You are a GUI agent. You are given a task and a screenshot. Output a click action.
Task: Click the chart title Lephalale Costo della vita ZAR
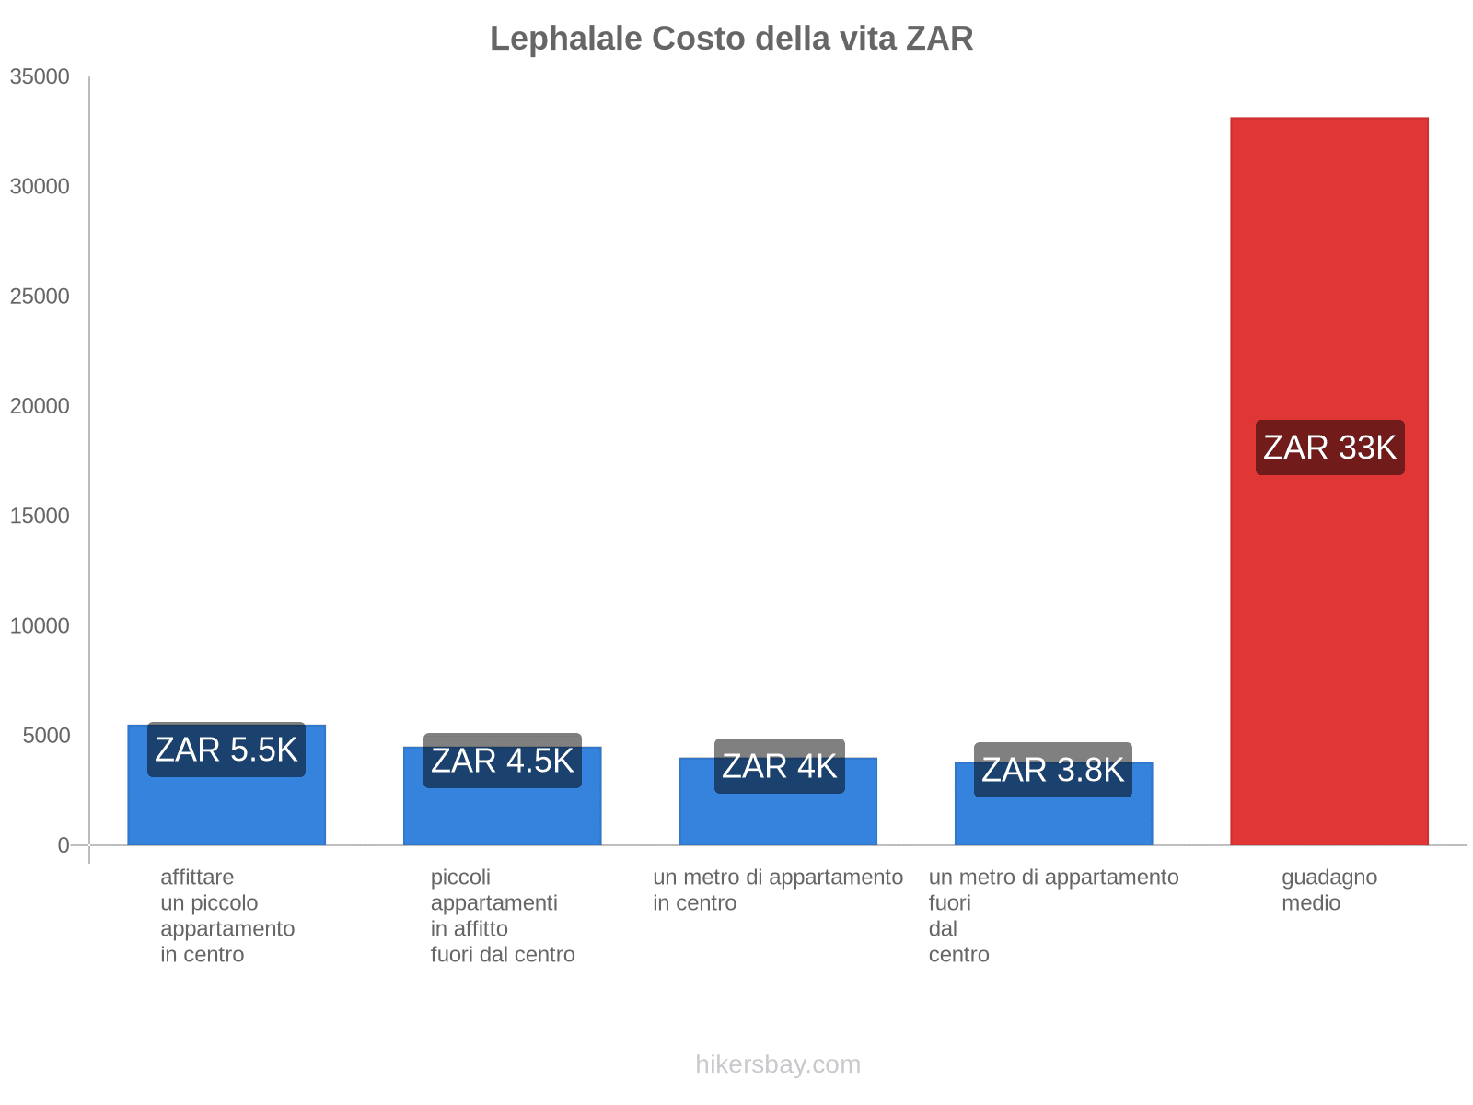tap(731, 39)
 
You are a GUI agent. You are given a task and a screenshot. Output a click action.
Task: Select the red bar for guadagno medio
tap(1328, 645)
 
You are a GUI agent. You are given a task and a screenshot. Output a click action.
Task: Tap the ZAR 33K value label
tap(1329, 448)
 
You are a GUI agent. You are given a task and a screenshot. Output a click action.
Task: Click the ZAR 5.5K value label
tap(226, 750)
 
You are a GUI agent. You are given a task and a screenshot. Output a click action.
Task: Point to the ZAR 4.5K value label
tap(502, 761)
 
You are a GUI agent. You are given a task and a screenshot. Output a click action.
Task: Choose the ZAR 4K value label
tap(779, 766)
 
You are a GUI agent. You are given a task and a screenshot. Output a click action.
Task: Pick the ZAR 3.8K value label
tap(1052, 770)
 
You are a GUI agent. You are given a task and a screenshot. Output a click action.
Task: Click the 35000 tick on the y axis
tap(40, 77)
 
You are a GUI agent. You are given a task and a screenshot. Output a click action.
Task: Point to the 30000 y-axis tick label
tap(40, 187)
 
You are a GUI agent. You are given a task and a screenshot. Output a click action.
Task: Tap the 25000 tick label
tap(40, 297)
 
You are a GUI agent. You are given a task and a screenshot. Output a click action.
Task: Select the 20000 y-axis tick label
tap(40, 406)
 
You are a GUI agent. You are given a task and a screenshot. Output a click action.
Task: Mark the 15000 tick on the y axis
tap(40, 516)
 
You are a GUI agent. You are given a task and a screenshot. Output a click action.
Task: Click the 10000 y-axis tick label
tap(40, 626)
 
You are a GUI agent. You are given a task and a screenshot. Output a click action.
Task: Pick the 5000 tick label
tap(46, 736)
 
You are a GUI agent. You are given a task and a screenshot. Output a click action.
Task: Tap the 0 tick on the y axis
tap(64, 845)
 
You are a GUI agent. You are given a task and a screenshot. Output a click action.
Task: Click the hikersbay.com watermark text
tap(778, 1064)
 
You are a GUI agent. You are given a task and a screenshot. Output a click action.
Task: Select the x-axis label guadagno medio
tap(1328, 890)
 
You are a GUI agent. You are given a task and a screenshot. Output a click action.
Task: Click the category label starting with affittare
tap(226, 915)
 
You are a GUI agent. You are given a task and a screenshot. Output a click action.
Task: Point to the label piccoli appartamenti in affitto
tap(502, 915)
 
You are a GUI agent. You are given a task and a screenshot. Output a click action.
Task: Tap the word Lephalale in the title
tap(566, 39)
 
